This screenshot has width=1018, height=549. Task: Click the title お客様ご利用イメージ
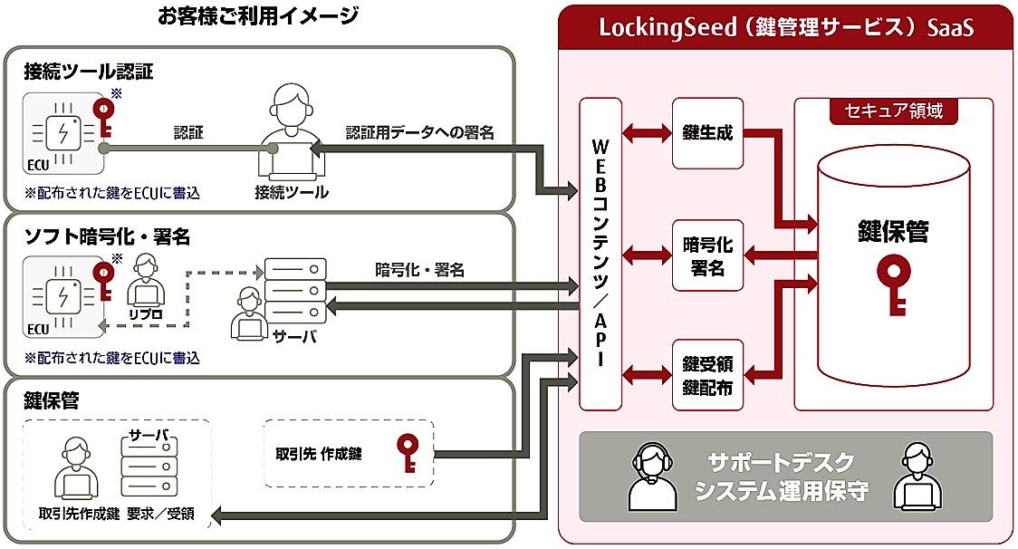coord(257,15)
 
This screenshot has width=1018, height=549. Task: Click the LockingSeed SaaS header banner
coord(785,27)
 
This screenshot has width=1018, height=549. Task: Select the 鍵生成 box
coord(707,133)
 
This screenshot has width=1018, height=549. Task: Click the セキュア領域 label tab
coord(893,111)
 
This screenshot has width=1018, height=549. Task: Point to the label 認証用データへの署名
coord(420,133)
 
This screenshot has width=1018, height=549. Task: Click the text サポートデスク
coord(779,462)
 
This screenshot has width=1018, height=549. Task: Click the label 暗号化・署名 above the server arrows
coord(419,269)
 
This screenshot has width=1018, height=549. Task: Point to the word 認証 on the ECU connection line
coord(188,132)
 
